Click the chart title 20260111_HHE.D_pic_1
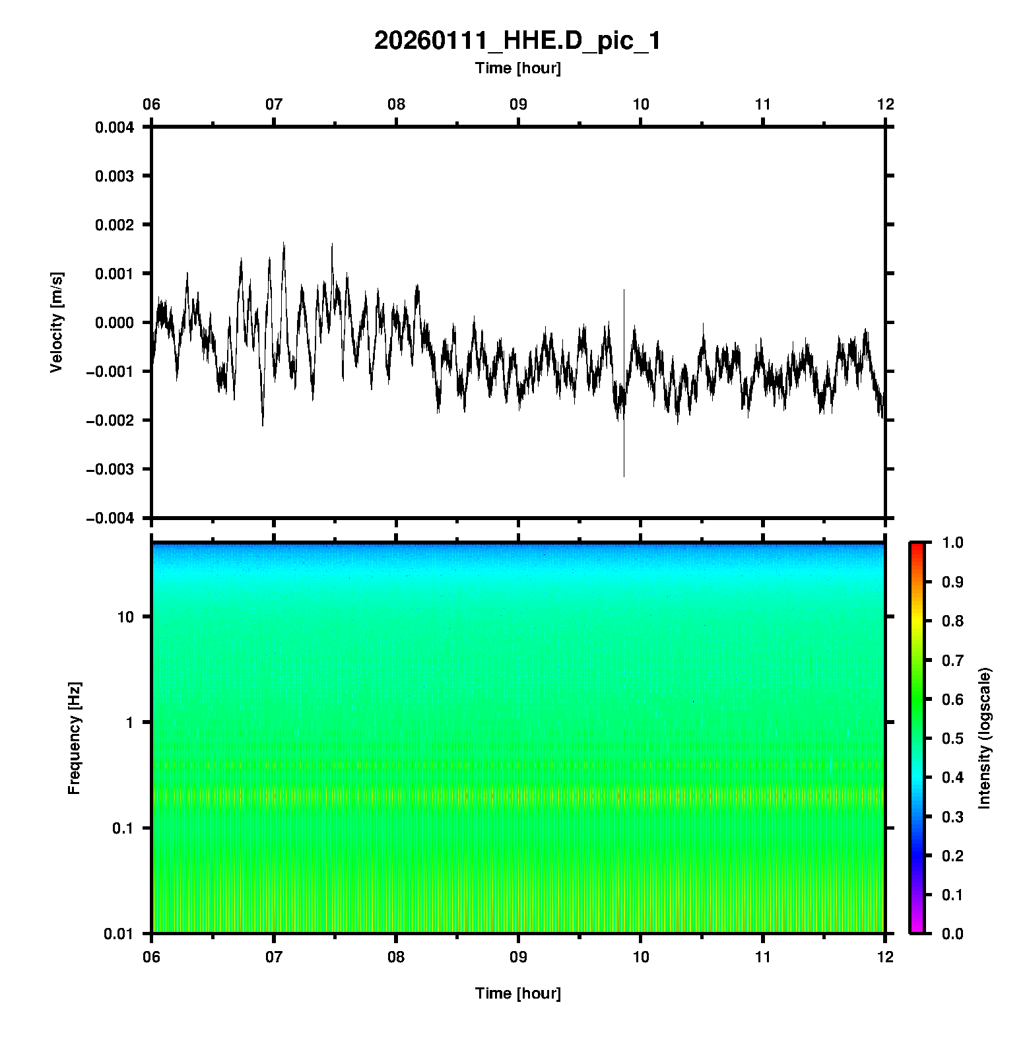(517, 41)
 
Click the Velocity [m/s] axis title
(57, 322)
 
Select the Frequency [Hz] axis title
(74, 738)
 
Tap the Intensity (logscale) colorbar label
(985, 738)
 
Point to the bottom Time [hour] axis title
(517, 993)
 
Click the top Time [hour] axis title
(517, 68)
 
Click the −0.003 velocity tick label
(110, 469)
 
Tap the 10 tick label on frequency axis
(125, 617)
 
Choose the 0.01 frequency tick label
(119, 933)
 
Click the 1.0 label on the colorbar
(954, 543)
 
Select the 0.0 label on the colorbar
(954, 933)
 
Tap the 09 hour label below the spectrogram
(519, 956)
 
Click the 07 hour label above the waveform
(274, 104)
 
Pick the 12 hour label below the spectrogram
(885, 956)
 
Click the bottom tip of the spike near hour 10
(624, 476)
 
